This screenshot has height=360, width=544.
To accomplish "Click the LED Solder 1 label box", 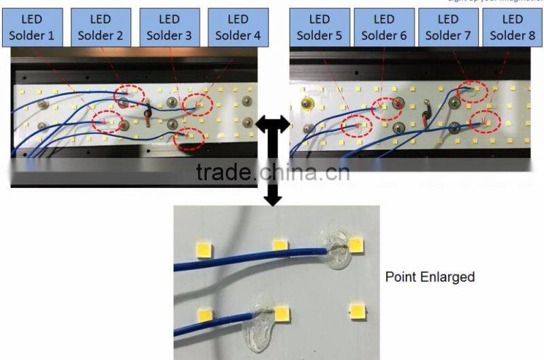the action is (x=32, y=27).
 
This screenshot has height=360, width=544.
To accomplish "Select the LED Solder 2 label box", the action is (x=100, y=27).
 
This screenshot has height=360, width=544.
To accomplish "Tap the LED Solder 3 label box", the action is (x=169, y=27).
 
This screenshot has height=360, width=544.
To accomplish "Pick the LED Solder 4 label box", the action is (x=237, y=27).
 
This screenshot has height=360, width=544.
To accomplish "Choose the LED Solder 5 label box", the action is (x=319, y=27).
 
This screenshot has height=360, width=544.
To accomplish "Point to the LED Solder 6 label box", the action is (x=384, y=27).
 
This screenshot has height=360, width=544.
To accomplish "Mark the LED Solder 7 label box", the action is (x=448, y=27).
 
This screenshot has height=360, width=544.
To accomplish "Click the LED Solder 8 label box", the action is (x=513, y=27).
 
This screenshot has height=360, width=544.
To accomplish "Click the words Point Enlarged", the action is (x=430, y=277).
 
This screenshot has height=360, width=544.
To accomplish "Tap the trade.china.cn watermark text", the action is (x=273, y=171).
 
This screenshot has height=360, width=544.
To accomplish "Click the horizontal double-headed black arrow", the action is (x=272, y=125).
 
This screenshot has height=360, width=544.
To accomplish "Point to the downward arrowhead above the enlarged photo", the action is (x=273, y=198).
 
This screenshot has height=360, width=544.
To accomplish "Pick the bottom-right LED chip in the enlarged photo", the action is (x=356, y=312).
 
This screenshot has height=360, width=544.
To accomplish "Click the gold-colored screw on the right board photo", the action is (x=307, y=104).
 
